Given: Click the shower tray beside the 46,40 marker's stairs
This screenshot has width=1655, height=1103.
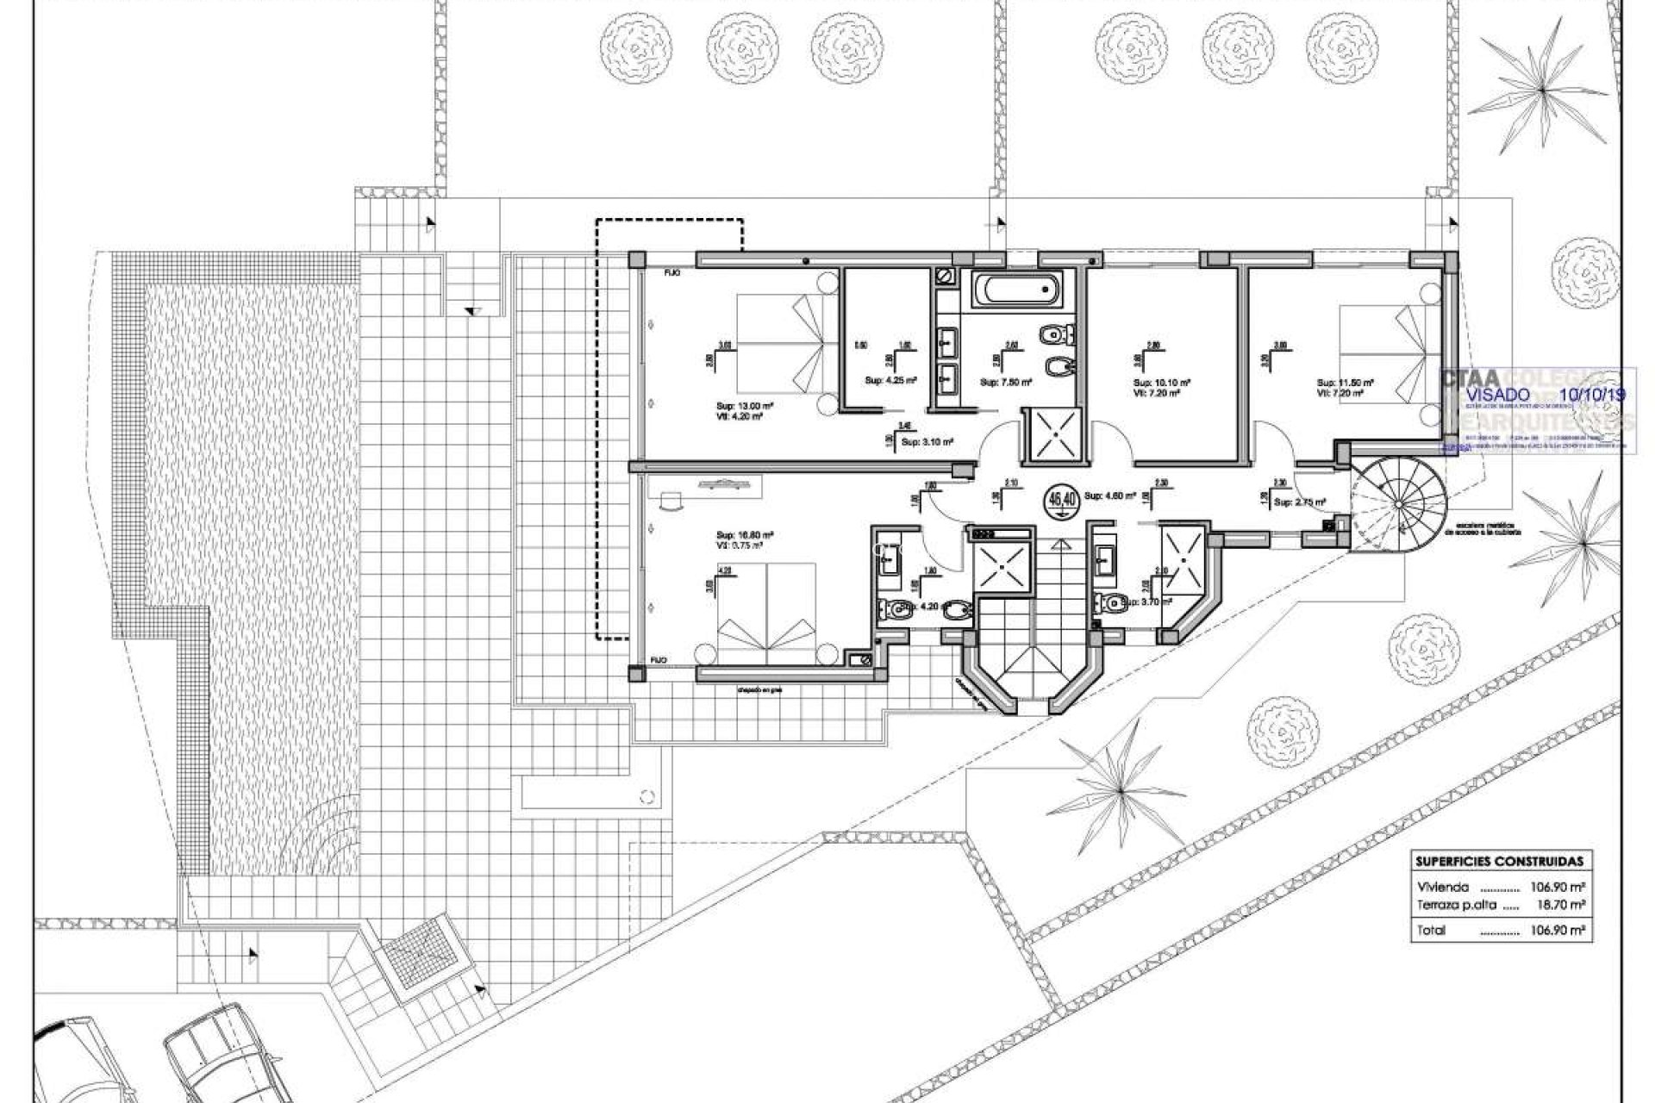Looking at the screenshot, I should (x=1002, y=569).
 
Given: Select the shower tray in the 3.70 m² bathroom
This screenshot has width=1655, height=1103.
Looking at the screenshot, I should (x=1185, y=559).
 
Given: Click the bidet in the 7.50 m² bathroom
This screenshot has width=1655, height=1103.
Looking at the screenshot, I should (x=1056, y=366).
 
